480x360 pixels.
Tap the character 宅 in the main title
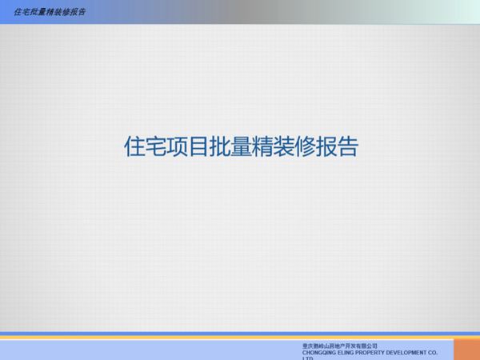[156, 148]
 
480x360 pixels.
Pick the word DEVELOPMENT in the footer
[420, 351]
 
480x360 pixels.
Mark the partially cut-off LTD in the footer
[308, 358]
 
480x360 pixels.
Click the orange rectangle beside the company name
[467, 349]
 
